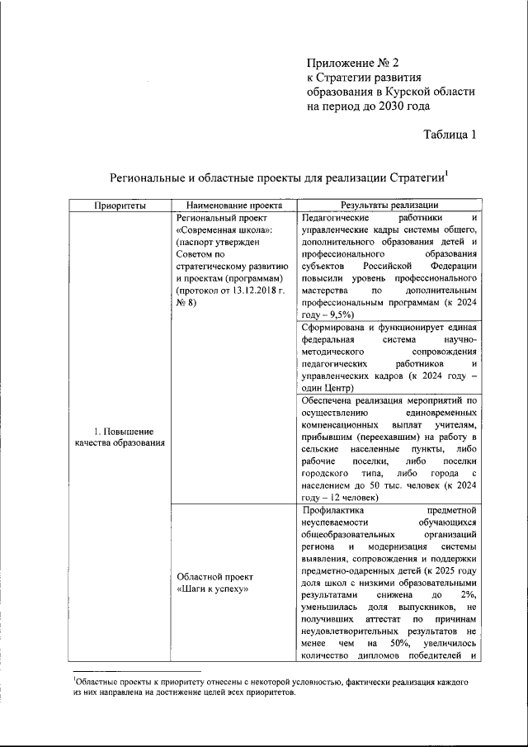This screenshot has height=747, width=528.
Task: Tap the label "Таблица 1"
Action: [450, 135]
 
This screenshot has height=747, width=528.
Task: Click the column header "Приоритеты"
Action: [120, 206]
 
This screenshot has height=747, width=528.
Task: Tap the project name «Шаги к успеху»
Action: [212, 589]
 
